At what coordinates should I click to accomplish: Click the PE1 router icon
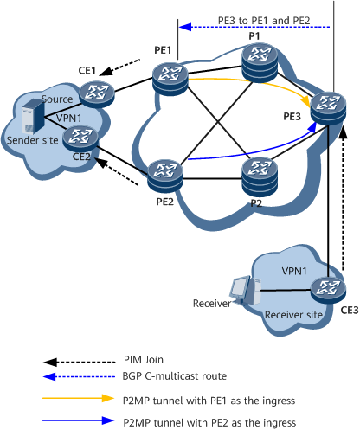click(x=170, y=79)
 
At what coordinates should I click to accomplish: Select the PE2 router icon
click(x=165, y=176)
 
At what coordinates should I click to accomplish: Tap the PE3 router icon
click(x=328, y=108)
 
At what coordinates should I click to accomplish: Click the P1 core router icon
click(x=260, y=63)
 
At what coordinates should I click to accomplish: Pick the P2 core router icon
click(x=260, y=176)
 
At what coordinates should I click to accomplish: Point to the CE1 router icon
click(x=97, y=94)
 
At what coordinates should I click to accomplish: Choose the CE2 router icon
click(x=80, y=138)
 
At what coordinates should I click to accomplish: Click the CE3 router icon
click(x=328, y=289)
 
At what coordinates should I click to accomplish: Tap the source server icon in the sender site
click(x=33, y=116)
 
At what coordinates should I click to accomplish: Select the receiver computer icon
click(x=245, y=291)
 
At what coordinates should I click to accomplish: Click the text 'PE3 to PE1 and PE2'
click(x=264, y=21)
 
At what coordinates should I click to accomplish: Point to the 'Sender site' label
click(x=32, y=140)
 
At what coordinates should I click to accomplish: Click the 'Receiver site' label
click(x=293, y=315)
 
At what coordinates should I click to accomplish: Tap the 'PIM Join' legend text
click(x=144, y=360)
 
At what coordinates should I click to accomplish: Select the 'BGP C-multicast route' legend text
click(x=175, y=376)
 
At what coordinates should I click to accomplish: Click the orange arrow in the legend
click(x=79, y=398)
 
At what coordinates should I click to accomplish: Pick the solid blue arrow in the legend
click(x=79, y=420)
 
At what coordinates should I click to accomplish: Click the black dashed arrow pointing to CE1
click(x=119, y=67)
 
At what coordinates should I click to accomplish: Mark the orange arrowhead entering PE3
click(x=305, y=101)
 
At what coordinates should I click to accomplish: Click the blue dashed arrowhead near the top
click(x=185, y=27)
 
